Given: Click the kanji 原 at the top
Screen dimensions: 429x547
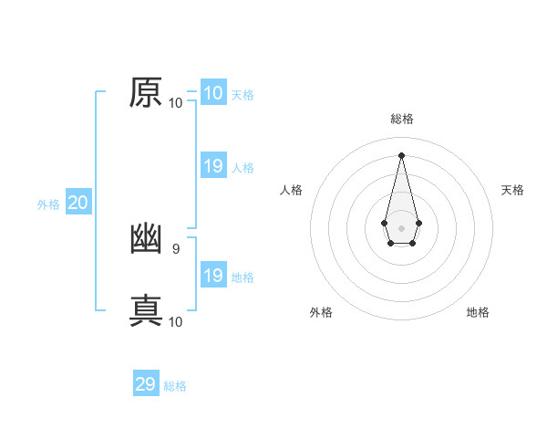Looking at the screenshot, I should coord(146,93).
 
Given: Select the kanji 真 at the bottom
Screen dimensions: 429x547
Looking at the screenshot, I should coord(146,309).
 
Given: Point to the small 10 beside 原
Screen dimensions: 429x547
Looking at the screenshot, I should coord(175,102).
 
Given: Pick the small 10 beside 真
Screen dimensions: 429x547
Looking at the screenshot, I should coord(175,321).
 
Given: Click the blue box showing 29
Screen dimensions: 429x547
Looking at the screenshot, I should coord(146,384).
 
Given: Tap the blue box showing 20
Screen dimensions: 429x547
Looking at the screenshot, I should coord(77,203).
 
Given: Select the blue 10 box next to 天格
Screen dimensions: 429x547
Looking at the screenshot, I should coord(212,93).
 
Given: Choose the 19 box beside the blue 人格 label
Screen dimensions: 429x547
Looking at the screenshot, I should coord(212,166).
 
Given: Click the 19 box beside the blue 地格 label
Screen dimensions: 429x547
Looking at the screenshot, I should coord(212,276).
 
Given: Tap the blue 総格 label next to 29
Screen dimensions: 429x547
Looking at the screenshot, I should coord(175,386).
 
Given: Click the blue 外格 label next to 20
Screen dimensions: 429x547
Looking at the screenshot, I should coord(48,204).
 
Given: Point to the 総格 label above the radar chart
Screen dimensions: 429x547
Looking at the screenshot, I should coord(401,119).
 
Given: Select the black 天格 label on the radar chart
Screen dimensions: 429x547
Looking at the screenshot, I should coord(512,190).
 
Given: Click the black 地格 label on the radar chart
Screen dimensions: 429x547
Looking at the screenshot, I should coord(478,312).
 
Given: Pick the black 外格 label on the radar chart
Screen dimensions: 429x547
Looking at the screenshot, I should coord(321,312).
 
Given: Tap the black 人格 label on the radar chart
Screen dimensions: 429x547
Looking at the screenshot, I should coord(292,190).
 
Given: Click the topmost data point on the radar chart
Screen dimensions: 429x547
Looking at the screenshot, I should coord(401,154).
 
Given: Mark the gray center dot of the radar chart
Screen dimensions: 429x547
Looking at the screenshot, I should coord(401,227).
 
